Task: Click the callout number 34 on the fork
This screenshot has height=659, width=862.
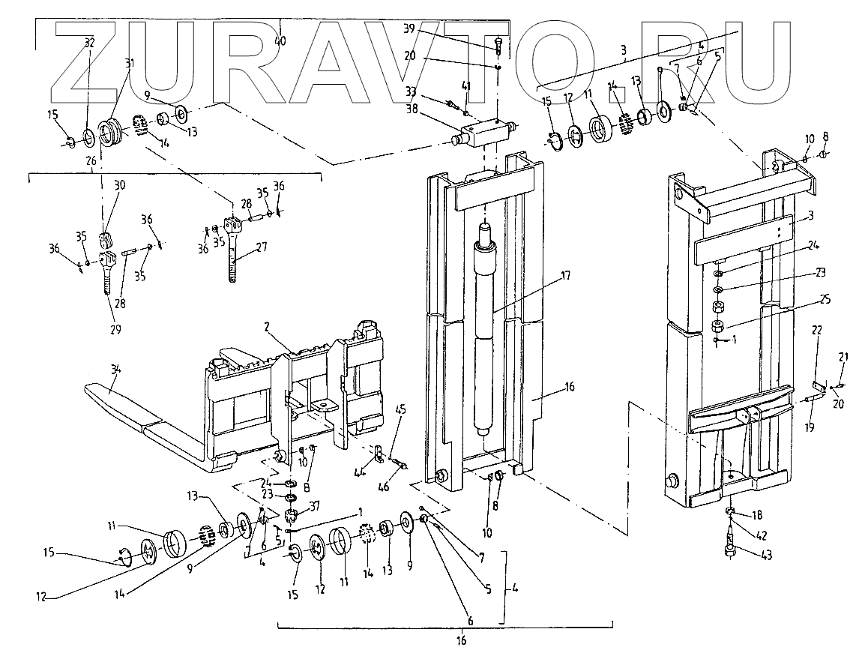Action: pos(114,368)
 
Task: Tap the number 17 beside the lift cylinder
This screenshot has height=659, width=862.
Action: pos(565,276)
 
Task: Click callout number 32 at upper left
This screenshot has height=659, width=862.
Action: pos(89,43)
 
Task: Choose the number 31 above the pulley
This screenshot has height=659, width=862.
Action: pos(130,63)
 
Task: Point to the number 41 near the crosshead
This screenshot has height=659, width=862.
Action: pos(465,88)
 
